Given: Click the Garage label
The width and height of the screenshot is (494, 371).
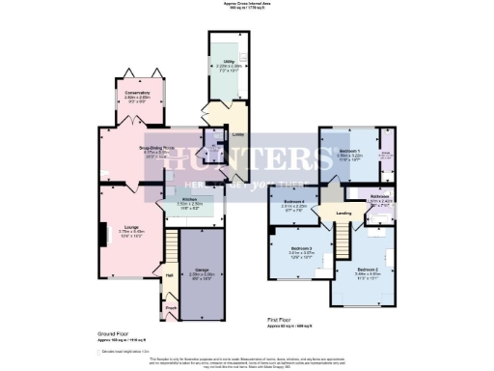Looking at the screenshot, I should coord(201,271).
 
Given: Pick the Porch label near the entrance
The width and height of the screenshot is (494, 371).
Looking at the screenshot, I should coord(171,309).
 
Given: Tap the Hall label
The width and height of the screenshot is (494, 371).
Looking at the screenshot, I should coord(169,275).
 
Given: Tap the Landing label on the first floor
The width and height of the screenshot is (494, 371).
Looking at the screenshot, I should coord(343,214).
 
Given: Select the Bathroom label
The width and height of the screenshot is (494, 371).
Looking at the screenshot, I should coord(378,196).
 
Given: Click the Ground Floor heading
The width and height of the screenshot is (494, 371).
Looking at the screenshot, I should coord(116,332).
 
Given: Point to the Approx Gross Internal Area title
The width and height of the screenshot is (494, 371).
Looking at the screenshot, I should coord(247,4).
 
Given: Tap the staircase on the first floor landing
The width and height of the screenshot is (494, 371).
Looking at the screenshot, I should coord(343,232).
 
